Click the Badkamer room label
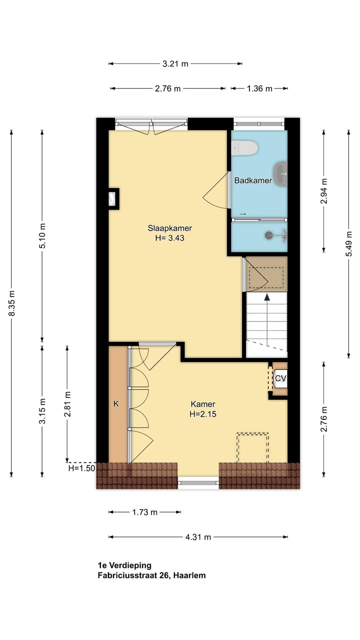coord(253,180)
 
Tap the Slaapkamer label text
coord(169,228)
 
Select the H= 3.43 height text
coord(169,238)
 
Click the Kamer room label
coord(202,404)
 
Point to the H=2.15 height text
coord(202,414)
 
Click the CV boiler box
coord(280,379)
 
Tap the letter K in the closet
coord(116,404)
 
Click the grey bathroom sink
coord(281,174)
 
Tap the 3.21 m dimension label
coord(175,63)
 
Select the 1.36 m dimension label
coord(259,88)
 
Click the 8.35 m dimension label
coord(11,303)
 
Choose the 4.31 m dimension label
coord(198,537)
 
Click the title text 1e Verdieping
coord(124,565)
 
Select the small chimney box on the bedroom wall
coord(113,199)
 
